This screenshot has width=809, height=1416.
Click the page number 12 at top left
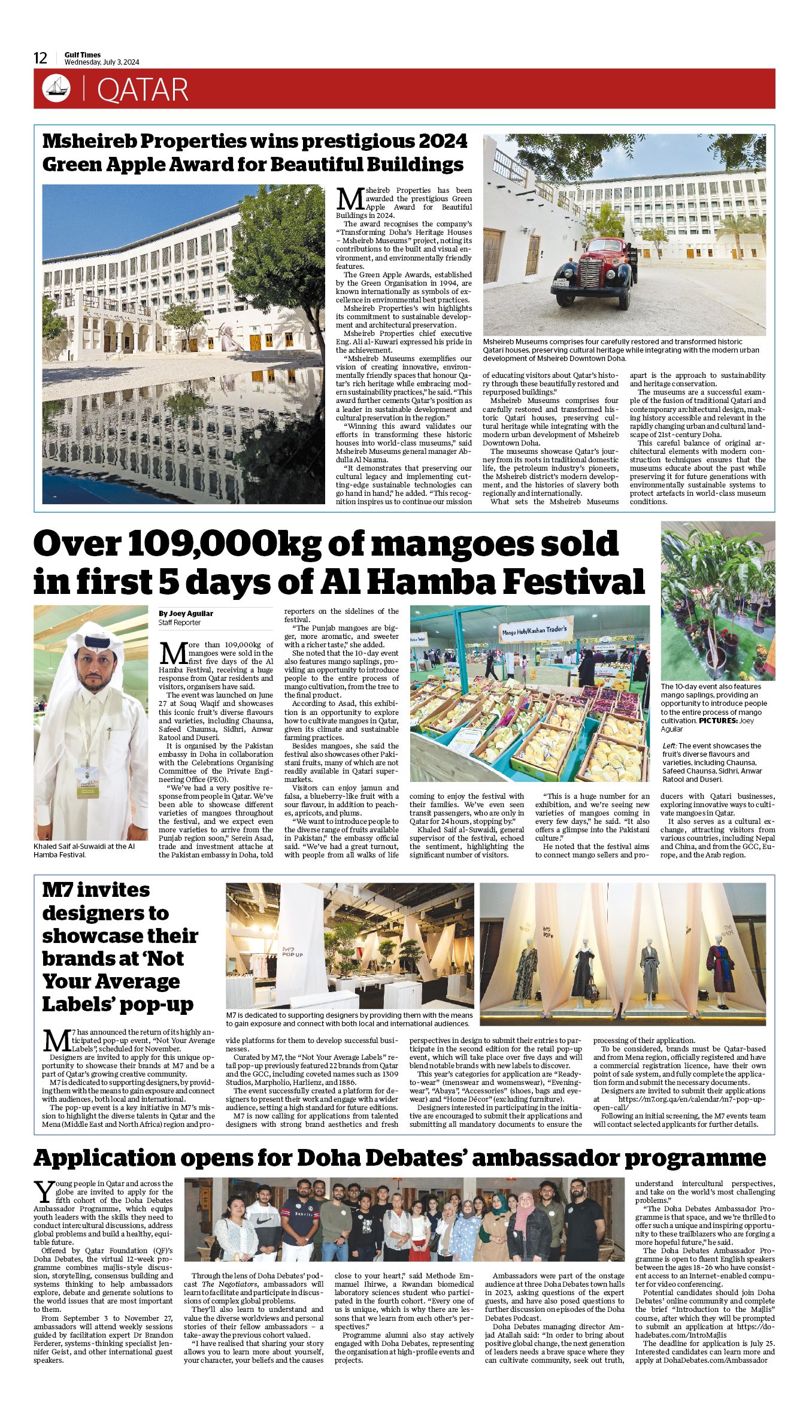[x=40, y=58]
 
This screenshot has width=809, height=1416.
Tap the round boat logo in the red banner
[x=56, y=89]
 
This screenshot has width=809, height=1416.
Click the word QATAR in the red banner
[x=142, y=90]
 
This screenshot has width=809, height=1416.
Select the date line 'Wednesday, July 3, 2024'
[x=102, y=62]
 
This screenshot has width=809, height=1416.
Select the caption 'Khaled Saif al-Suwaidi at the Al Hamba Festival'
[x=84, y=850]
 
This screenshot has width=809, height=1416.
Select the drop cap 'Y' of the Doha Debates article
[x=43, y=1192]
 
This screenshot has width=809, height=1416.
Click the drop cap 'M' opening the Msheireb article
[x=349, y=198]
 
